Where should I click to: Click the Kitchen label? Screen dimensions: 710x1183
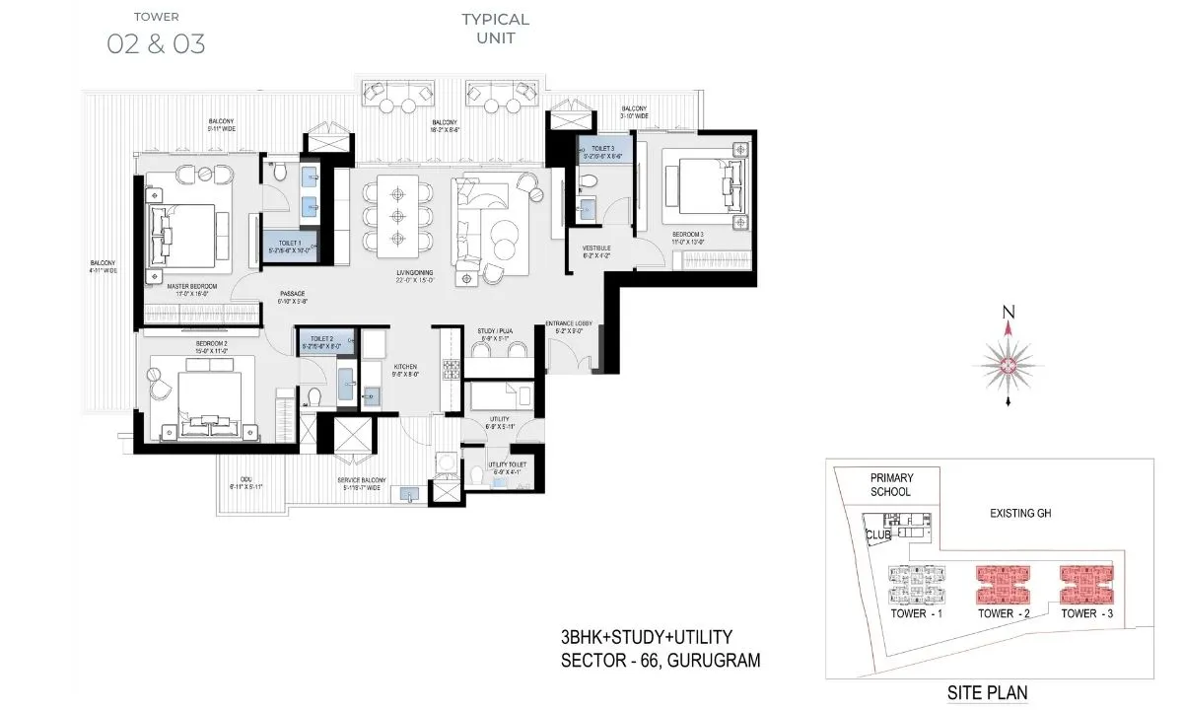click(407, 365)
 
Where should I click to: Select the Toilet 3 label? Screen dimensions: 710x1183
click(603, 147)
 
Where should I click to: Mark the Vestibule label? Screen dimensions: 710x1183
click(596, 249)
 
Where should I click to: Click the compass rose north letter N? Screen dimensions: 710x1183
click(1008, 313)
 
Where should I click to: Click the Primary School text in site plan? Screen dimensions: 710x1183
click(890, 484)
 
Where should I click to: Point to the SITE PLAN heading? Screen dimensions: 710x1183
click(987, 692)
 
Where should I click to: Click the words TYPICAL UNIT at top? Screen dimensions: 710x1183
click(495, 29)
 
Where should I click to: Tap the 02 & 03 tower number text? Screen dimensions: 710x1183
click(156, 44)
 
